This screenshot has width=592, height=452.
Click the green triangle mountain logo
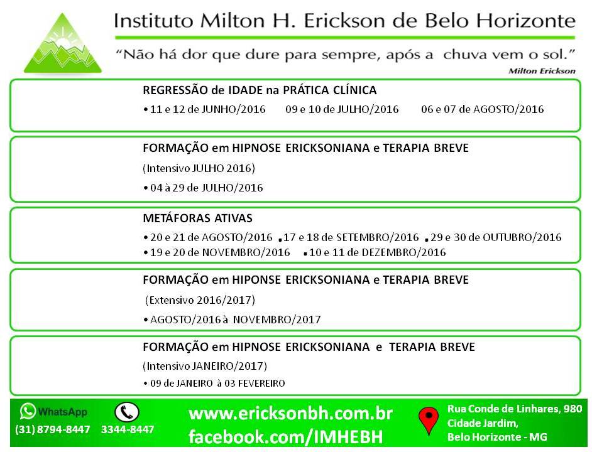pos(63,45)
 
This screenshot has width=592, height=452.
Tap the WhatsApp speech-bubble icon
pos(28,411)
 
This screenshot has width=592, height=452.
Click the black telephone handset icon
pos(127,412)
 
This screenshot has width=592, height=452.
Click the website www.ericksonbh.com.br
pos(291,414)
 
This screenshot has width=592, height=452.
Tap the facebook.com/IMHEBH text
pos(285,436)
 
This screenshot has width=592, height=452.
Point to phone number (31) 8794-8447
pos(53,429)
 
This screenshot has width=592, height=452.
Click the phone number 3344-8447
pos(128,429)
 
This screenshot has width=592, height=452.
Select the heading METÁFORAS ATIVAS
pos(197,218)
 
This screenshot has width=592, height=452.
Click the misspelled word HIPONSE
pos(256,280)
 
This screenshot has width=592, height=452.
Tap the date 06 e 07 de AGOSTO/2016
pos(483,109)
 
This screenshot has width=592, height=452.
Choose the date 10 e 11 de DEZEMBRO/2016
pos(377,252)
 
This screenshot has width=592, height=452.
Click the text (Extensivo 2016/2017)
pos(200,300)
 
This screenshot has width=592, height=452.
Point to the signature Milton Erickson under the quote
pos(542,71)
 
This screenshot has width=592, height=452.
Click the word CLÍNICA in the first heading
pos(354,90)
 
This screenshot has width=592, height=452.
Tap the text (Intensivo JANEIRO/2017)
pos(205,366)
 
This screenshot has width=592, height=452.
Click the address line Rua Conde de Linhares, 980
pos(515,409)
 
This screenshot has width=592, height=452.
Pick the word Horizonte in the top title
pos(525,21)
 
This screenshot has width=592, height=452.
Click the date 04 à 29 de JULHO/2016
pos(207,188)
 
